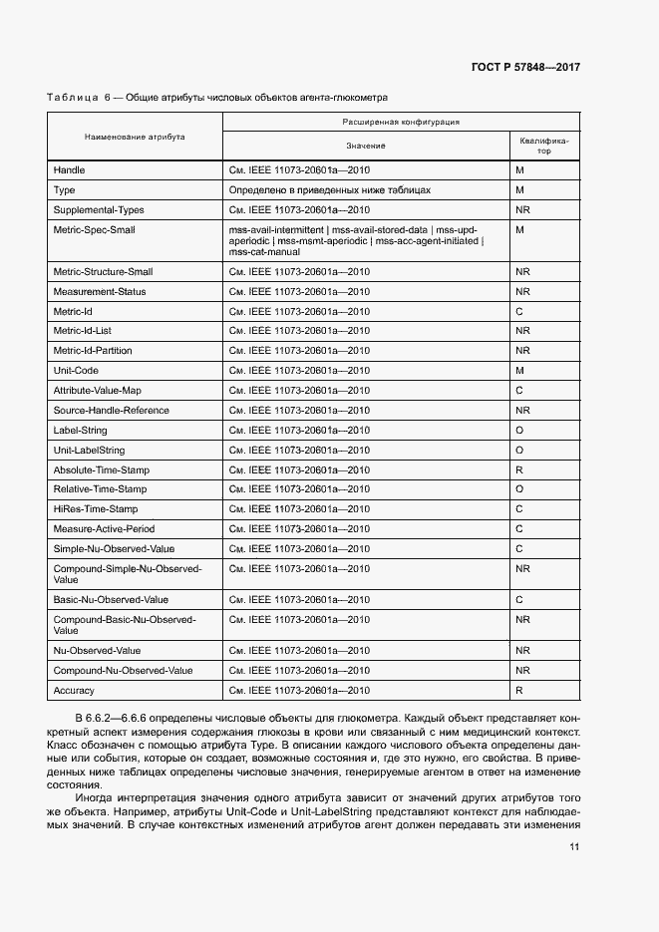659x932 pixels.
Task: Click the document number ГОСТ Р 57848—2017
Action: pyautogui.click(x=525, y=67)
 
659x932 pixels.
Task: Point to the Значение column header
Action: pyautogui.click(x=365, y=146)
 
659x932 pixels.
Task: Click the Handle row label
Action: pyautogui.click(x=69, y=170)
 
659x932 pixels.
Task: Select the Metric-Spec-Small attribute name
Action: pyautogui.click(x=94, y=229)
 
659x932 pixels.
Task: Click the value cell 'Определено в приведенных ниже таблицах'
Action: pyautogui.click(x=329, y=189)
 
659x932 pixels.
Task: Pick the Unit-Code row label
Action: pyautogui.click(x=76, y=370)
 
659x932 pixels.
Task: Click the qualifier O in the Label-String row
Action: pyautogui.click(x=519, y=430)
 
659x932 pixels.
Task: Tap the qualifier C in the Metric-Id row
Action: pyautogui.click(x=519, y=311)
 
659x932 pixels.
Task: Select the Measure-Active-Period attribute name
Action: pyautogui.click(x=104, y=528)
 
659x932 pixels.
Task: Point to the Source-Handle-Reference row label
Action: pyautogui.click(x=111, y=410)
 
